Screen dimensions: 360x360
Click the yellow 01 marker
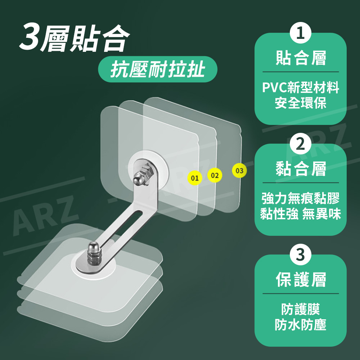click(194, 178)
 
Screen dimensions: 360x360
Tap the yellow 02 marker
click(215, 176)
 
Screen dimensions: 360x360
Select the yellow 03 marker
click(239, 171)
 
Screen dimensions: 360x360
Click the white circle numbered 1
click(301, 33)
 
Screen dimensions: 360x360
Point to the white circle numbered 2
click(301, 144)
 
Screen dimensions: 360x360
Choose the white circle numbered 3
click(301, 255)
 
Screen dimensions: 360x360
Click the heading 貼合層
click(301, 58)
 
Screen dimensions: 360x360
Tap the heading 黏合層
click(301, 169)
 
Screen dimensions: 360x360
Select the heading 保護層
click(301, 280)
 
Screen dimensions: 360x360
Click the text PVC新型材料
click(301, 87)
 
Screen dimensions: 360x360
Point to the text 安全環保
click(301, 103)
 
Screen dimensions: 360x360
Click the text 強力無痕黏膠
click(301, 198)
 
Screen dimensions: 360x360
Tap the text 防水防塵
click(301, 325)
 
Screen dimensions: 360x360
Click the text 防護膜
click(301, 309)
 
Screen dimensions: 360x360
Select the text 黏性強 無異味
click(301, 214)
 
